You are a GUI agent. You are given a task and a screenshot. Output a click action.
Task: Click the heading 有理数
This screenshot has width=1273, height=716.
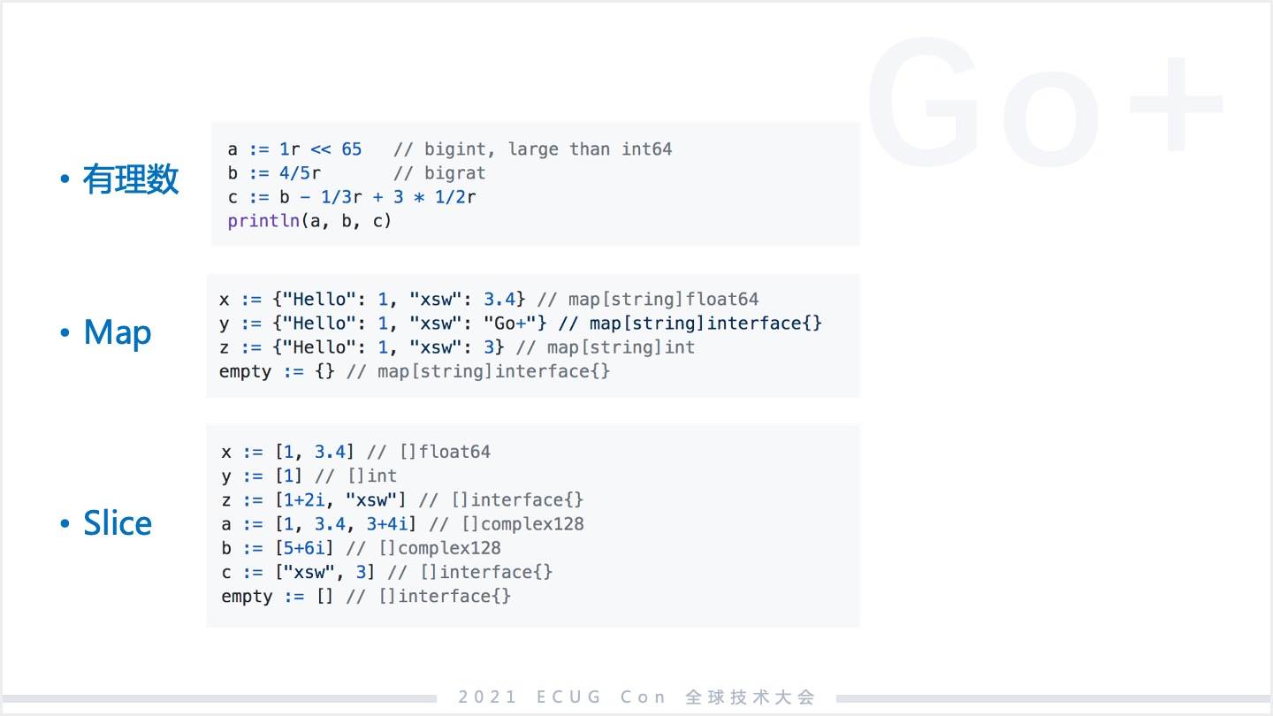[131, 179]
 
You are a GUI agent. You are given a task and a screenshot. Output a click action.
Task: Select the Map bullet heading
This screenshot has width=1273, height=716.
[118, 332]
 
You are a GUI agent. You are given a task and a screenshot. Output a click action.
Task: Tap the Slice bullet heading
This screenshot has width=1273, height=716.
[118, 522]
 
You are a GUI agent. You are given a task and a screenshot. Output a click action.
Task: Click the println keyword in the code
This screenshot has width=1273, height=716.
[263, 220]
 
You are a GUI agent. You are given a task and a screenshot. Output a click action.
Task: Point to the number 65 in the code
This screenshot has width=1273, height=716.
[352, 149]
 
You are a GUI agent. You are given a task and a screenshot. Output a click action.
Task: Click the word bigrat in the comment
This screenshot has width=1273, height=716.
[455, 172]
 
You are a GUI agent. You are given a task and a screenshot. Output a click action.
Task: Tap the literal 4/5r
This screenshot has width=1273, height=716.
[300, 172]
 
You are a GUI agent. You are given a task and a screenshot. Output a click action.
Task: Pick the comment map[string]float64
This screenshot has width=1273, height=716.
[663, 300]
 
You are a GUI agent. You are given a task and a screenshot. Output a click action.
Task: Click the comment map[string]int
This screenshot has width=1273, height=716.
[621, 347]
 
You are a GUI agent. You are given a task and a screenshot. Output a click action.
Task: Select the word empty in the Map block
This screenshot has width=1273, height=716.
[246, 371]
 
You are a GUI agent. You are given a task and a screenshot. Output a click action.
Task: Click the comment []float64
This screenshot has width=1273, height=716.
[445, 452]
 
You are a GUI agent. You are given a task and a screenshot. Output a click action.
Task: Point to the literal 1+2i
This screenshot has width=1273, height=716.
[304, 500]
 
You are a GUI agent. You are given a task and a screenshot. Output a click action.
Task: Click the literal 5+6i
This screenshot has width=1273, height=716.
[304, 548]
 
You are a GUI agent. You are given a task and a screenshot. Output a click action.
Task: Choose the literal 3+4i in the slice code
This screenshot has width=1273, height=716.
[387, 524]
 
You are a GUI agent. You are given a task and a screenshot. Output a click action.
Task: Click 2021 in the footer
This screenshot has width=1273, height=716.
[488, 697]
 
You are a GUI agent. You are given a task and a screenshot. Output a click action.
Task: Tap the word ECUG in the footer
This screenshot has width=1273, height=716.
[569, 697]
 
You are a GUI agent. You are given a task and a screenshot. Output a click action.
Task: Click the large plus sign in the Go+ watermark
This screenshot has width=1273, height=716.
[1175, 104]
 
